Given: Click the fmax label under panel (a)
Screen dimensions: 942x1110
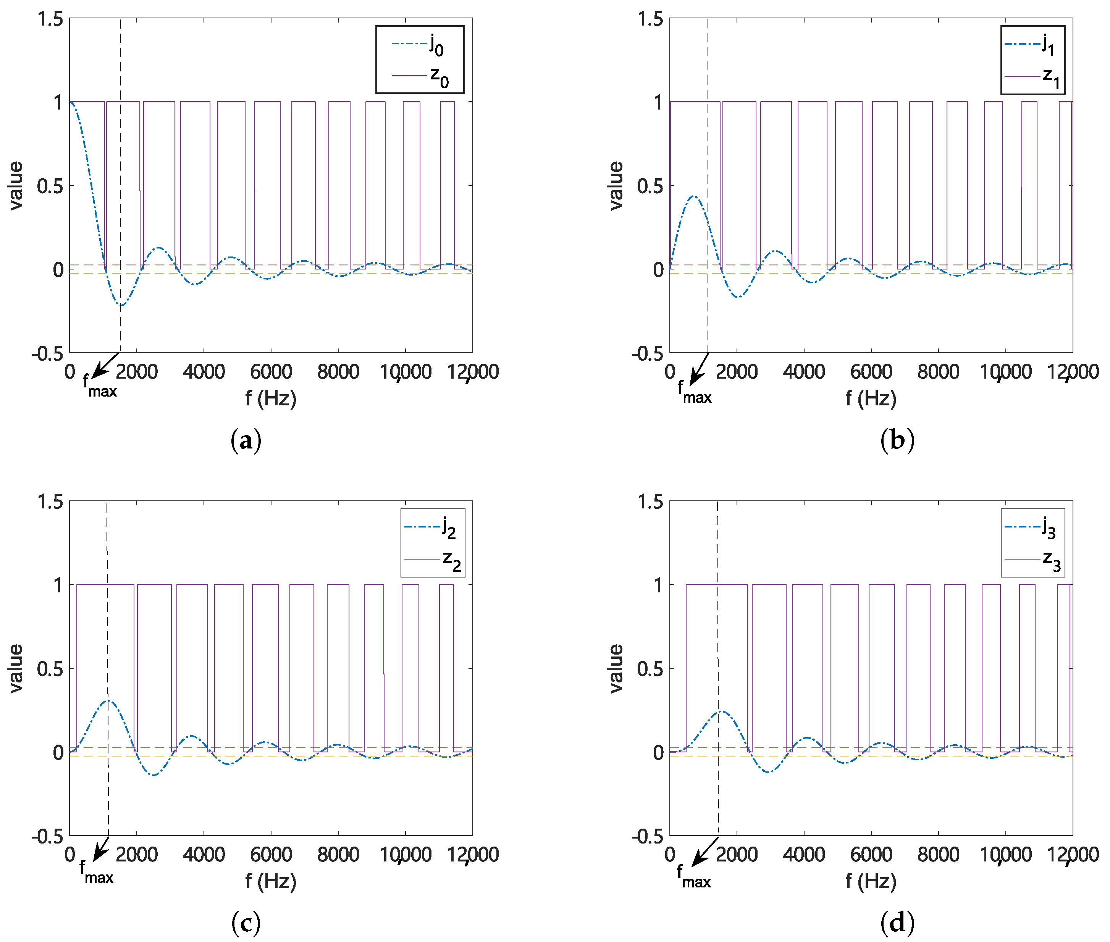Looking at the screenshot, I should point(100,386).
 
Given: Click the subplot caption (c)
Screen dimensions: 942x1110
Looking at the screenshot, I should point(246,922).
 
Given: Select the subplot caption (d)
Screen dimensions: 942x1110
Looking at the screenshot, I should point(897,922).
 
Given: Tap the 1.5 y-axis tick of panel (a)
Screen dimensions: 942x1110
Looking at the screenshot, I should point(50,19).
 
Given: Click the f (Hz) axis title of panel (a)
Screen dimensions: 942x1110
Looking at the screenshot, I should point(271,398).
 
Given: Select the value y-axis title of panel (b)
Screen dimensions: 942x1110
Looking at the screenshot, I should point(616,186).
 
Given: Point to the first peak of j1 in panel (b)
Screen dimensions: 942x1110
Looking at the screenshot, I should point(693,196).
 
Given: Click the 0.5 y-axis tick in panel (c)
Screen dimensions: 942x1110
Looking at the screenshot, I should point(50,669).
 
